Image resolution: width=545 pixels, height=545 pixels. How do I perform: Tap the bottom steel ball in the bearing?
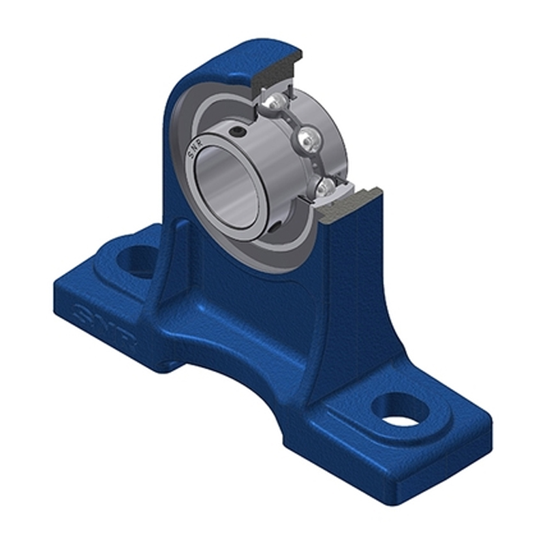pyautogui.click(x=325, y=187)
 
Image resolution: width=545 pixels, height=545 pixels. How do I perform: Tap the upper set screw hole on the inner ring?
pyautogui.click(x=236, y=131)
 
